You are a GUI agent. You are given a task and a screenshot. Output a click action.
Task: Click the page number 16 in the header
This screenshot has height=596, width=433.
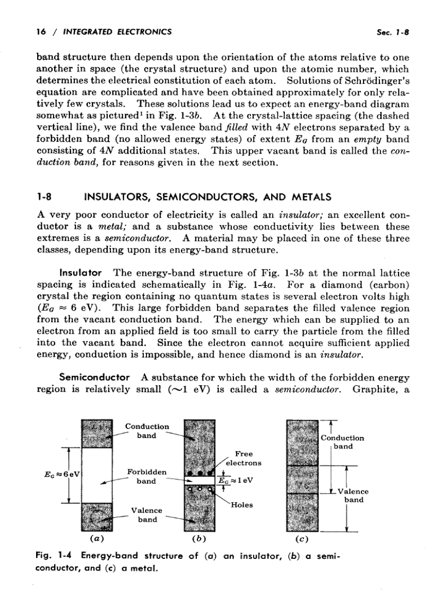(x=40, y=32)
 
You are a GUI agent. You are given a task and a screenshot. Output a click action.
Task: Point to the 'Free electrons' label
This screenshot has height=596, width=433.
(x=244, y=458)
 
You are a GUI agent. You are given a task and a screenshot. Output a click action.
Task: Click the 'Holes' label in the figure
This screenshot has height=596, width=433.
(x=241, y=505)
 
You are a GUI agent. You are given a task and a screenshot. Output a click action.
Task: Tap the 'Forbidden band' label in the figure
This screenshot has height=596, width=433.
(x=146, y=477)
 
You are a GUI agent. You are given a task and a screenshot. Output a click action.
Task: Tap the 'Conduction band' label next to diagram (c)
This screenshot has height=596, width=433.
(x=342, y=442)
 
